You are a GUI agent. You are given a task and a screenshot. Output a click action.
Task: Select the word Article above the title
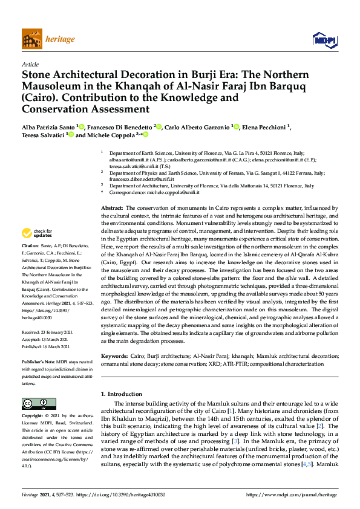30,64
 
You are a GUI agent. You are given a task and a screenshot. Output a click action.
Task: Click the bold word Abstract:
112,208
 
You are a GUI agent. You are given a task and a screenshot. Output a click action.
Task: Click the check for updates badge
36,233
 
